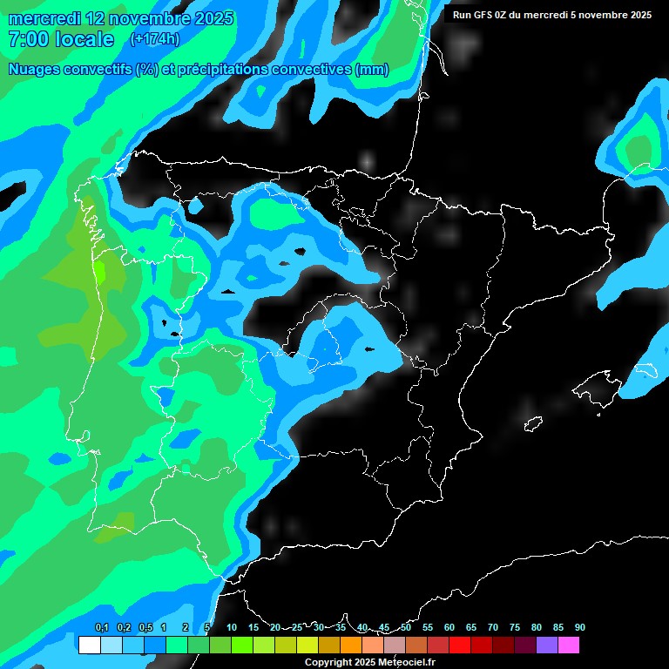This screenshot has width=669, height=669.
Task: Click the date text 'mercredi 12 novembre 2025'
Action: (x=120, y=18)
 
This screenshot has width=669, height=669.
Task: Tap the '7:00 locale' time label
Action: (x=60, y=39)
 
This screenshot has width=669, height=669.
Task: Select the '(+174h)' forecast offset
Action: (x=154, y=39)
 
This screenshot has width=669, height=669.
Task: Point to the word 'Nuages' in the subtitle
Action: (x=39, y=70)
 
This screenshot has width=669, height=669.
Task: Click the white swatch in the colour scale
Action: (x=89, y=645)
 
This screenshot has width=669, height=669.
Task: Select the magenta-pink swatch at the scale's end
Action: (x=568, y=645)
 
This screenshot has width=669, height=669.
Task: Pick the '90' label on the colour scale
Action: (x=579, y=627)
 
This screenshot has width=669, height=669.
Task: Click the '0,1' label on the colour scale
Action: (x=101, y=627)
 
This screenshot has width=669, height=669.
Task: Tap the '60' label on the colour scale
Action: (x=449, y=627)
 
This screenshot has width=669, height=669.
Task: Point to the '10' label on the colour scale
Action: (x=231, y=627)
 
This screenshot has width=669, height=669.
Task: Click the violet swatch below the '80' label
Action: (x=546, y=645)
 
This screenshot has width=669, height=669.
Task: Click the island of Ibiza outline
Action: (x=533, y=423)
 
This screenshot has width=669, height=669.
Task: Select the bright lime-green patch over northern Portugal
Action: (x=100, y=271)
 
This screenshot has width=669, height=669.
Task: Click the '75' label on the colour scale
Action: (x=514, y=627)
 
